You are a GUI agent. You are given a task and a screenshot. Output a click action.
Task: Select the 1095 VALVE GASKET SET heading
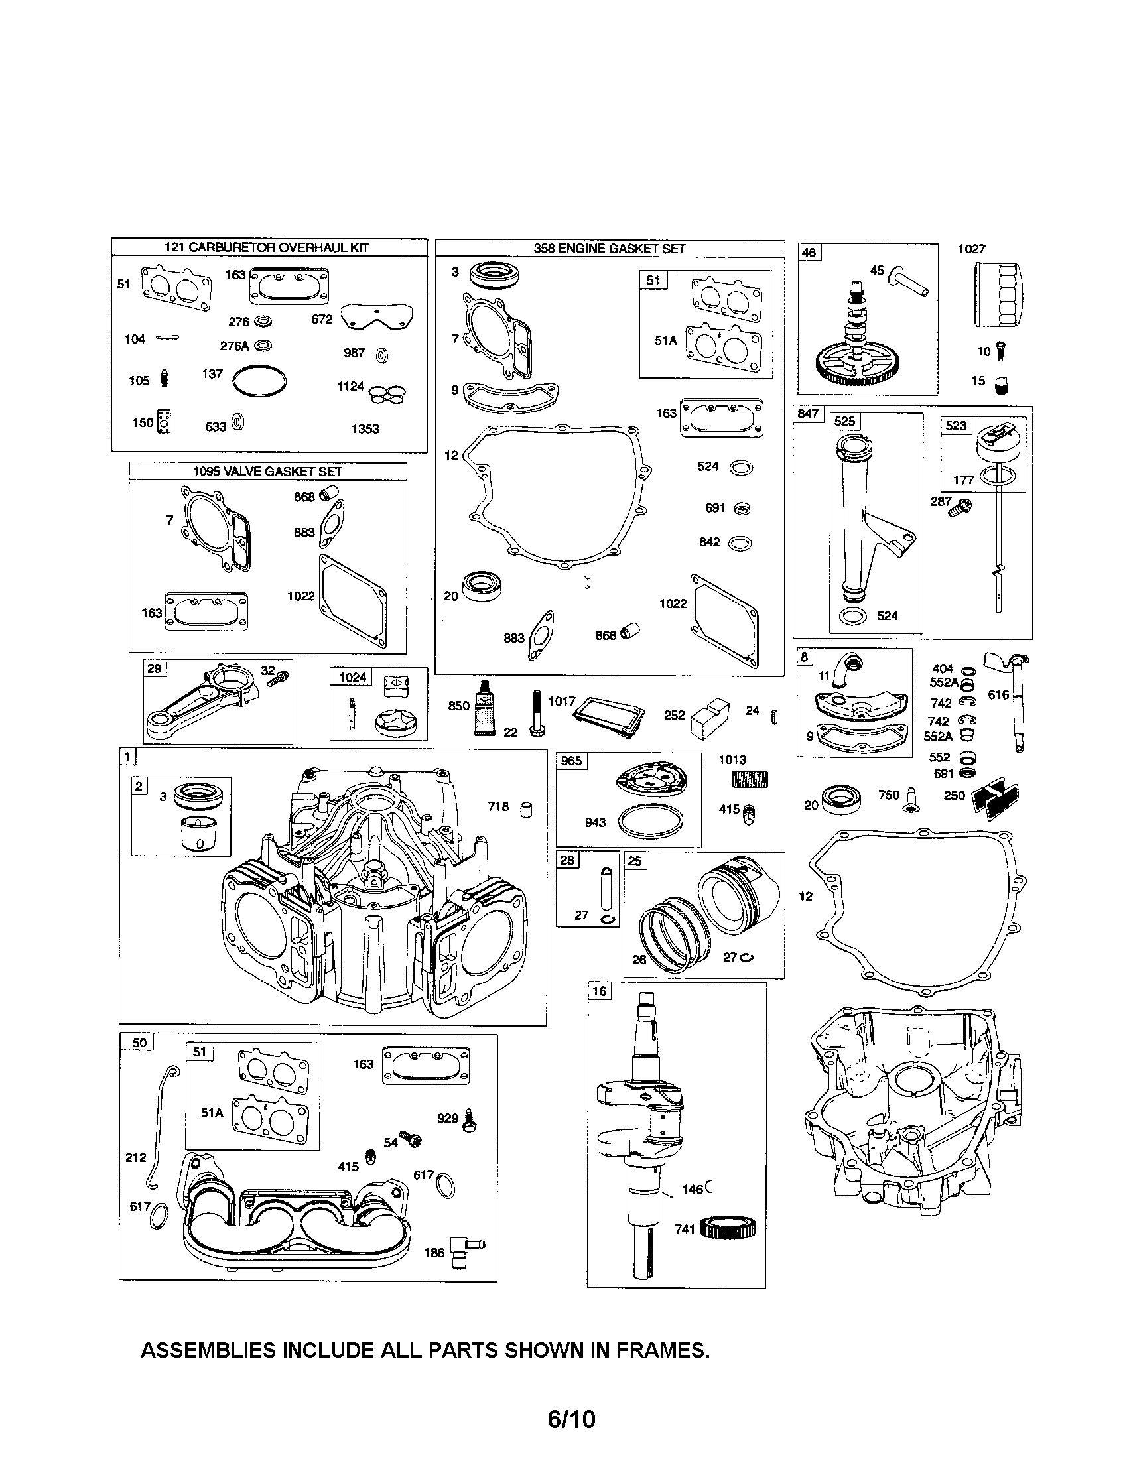[267, 472]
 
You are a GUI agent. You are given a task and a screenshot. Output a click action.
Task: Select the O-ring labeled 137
[259, 381]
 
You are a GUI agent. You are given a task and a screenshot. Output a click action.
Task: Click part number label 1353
[365, 429]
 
